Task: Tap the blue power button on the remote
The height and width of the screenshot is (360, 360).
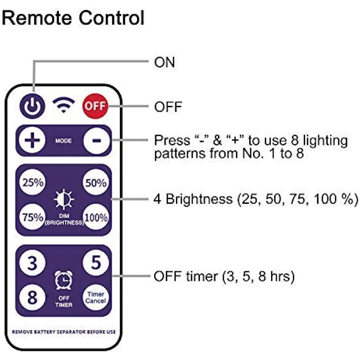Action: point(32,106)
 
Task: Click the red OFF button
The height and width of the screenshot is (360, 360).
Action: point(95,106)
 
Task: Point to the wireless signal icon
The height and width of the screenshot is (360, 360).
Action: point(64,105)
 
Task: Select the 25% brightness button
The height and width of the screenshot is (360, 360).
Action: point(32,182)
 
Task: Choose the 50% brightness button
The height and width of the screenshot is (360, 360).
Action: point(96,182)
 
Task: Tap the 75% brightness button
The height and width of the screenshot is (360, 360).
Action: point(32,217)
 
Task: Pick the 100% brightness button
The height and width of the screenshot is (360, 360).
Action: point(96,217)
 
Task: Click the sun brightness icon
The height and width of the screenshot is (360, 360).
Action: point(64,199)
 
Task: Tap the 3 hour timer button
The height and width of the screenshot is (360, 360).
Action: point(32,263)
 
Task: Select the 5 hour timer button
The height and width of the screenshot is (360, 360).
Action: point(96,262)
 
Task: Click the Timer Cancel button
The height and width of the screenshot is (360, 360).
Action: point(96,297)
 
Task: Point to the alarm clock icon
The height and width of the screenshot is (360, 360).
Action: point(64,280)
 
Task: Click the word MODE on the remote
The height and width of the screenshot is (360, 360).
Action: point(64,141)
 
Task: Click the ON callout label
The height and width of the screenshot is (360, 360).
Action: point(164,62)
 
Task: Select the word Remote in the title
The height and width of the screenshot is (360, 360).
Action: point(37,18)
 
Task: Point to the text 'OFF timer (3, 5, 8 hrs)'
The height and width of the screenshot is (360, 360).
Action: point(224,276)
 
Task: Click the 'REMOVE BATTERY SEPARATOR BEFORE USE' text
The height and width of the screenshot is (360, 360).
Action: point(64,332)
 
